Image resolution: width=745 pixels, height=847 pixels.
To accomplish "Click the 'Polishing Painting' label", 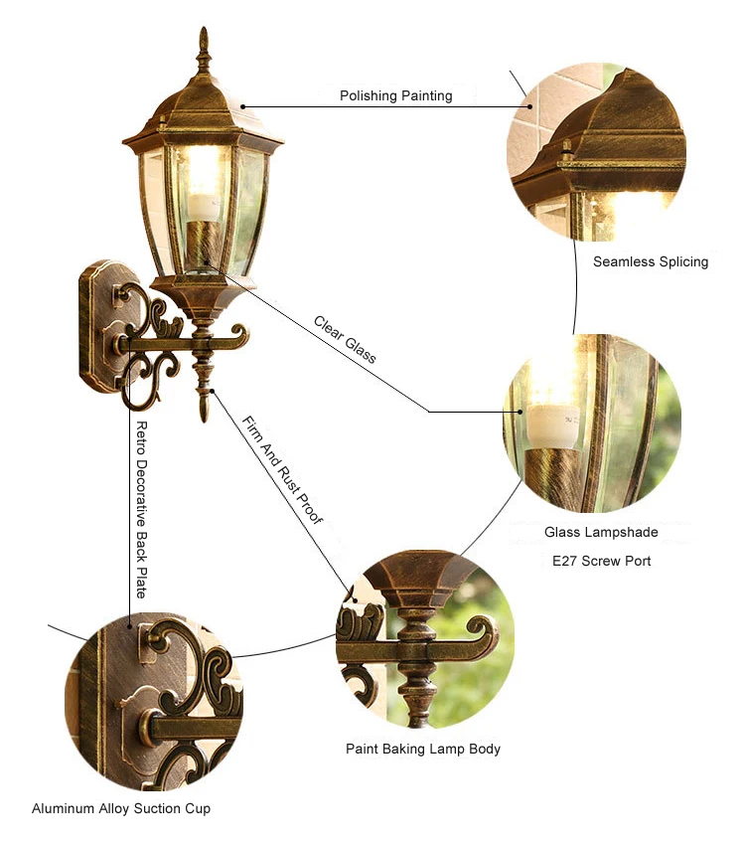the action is [395, 95].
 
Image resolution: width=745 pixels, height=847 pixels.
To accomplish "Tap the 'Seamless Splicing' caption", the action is [651, 261].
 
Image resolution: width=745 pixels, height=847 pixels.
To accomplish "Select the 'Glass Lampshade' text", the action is [601, 533].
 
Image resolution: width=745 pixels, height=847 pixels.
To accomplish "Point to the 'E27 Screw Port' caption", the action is [602, 561].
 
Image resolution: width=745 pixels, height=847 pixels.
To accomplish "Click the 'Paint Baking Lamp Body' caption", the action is [423, 749].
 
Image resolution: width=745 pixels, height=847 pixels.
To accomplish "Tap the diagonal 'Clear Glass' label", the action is [345, 339].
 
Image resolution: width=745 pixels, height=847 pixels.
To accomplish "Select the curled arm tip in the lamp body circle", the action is [485, 630].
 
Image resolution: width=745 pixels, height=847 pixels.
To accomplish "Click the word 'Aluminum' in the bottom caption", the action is [62, 808].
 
